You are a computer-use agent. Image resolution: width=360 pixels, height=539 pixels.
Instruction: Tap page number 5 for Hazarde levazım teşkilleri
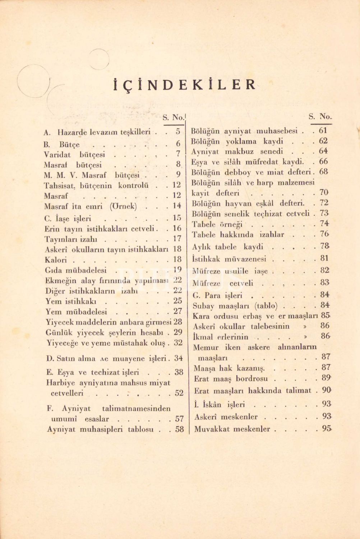(178, 132)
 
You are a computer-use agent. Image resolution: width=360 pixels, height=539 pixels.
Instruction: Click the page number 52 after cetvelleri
(179, 393)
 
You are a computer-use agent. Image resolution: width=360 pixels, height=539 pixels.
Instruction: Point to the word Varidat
(57, 155)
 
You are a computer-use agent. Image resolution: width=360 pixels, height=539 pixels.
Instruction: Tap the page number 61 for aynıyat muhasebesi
(323, 131)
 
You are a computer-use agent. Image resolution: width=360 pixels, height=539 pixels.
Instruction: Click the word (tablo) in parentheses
(267, 306)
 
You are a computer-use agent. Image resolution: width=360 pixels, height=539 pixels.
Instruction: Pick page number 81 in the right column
(324, 258)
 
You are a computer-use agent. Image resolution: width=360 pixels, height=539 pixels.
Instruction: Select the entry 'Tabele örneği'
(218, 225)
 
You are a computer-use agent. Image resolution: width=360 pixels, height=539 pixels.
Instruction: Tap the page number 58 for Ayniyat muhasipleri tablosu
(179, 429)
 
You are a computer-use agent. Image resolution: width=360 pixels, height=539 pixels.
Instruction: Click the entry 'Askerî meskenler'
(226, 417)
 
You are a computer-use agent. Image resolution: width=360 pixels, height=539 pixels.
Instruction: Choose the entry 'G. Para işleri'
(217, 296)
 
